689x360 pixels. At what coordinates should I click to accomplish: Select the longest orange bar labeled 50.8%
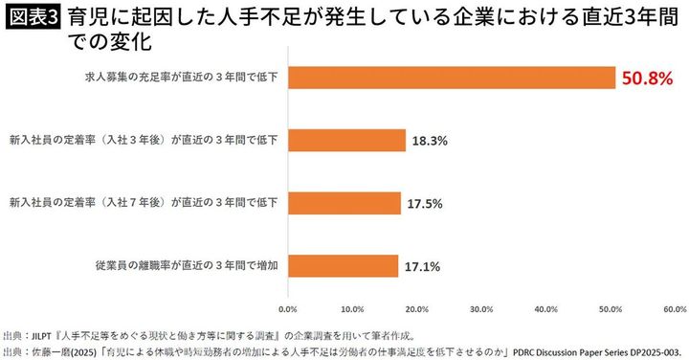451,78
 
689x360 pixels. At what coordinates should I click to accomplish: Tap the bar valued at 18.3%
346,140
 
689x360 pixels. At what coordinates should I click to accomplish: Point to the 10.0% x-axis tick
352,309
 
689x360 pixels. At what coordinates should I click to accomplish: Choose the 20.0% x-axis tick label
416,309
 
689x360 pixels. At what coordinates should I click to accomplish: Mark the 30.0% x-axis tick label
481,309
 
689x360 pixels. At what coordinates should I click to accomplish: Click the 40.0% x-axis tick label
545,309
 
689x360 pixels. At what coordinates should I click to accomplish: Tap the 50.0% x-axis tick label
611,309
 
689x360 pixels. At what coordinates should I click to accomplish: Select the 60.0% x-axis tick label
674,309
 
